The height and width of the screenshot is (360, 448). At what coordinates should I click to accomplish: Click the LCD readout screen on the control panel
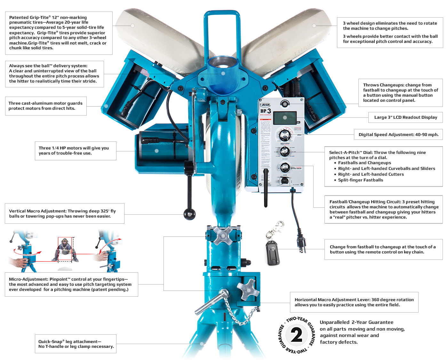[285, 117]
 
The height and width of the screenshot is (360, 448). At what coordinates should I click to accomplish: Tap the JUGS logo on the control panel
[266, 105]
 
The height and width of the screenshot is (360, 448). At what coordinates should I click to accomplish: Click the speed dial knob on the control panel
[285, 135]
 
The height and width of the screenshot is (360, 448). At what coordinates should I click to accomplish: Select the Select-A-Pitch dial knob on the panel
[284, 151]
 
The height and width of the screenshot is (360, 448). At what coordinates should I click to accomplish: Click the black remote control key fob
[272, 253]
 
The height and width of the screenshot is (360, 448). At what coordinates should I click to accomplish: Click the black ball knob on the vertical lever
[189, 214]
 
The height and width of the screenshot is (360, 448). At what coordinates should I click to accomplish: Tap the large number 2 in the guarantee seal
[296, 335]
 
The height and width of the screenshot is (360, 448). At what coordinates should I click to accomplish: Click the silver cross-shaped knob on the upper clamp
[223, 236]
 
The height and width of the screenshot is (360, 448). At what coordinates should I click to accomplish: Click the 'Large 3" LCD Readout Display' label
[405, 117]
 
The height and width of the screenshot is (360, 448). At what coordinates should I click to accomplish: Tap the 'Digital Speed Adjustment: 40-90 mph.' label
[398, 135]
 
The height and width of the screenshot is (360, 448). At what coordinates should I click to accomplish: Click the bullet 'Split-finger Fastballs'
[360, 180]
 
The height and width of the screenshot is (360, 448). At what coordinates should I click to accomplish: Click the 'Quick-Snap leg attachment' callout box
[76, 344]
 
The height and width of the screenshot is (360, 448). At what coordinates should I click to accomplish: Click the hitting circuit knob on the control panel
[284, 167]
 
